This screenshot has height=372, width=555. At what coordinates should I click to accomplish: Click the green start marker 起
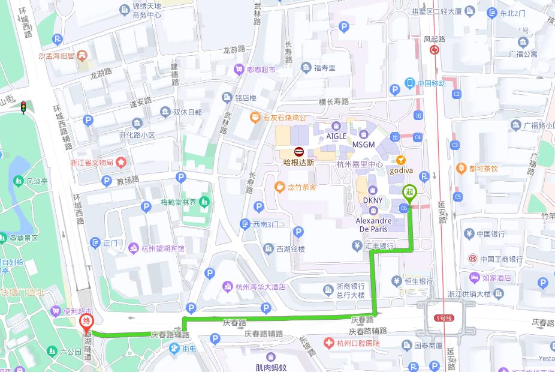tap(409, 192)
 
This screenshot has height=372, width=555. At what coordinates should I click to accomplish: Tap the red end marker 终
tap(86, 322)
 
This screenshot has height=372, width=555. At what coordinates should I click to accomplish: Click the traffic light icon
tap(23, 107)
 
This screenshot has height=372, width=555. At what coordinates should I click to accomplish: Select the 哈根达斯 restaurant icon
tap(298, 151)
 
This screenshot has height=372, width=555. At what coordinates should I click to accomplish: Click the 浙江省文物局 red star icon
tap(121, 162)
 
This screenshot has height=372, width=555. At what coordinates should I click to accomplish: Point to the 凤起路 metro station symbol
tap(435, 50)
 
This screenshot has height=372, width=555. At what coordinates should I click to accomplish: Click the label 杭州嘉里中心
tap(360, 164)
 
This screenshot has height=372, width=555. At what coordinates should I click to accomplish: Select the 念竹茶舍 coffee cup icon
tap(279, 187)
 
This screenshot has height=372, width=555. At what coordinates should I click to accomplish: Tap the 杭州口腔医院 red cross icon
tap(328, 343)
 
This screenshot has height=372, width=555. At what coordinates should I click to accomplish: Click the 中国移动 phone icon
tap(409, 83)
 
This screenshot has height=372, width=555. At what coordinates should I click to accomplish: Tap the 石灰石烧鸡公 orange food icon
tap(255, 117)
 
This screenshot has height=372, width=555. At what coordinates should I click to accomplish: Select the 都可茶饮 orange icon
tap(461, 169)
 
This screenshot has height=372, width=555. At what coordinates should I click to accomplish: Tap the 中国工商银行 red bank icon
tap(472, 259)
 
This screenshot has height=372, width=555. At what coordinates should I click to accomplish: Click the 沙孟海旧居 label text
tap(56, 56)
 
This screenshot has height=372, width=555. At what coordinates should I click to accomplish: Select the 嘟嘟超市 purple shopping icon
tap(239, 70)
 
